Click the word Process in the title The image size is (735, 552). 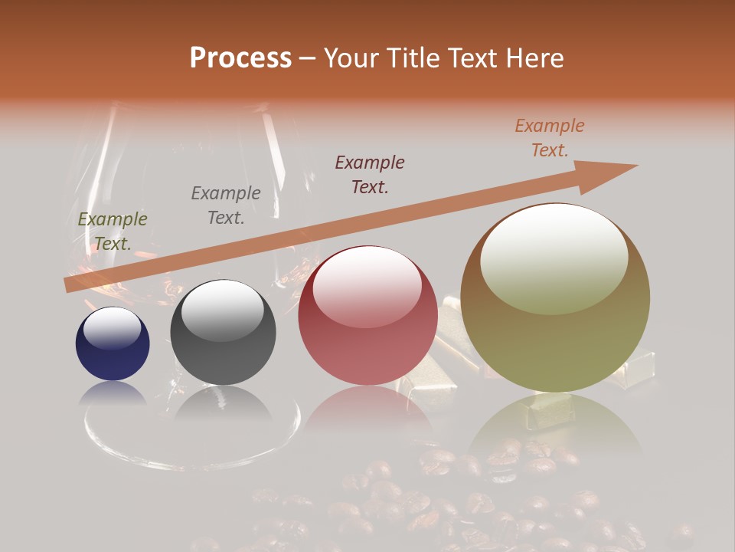[x=240, y=58]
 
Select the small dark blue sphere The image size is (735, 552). [x=113, y=344]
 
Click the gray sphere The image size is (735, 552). [x=223, y=333]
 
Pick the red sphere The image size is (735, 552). [x=367, y=316]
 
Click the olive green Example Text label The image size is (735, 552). [x=113, y=232]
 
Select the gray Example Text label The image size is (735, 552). [x=226, y=205]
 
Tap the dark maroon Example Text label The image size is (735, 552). [x=370, y=174]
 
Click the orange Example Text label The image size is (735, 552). [x=550, y=138]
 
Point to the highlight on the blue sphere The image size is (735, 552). [x=112, y=328]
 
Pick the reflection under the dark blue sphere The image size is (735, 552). [x=113, y=393]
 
